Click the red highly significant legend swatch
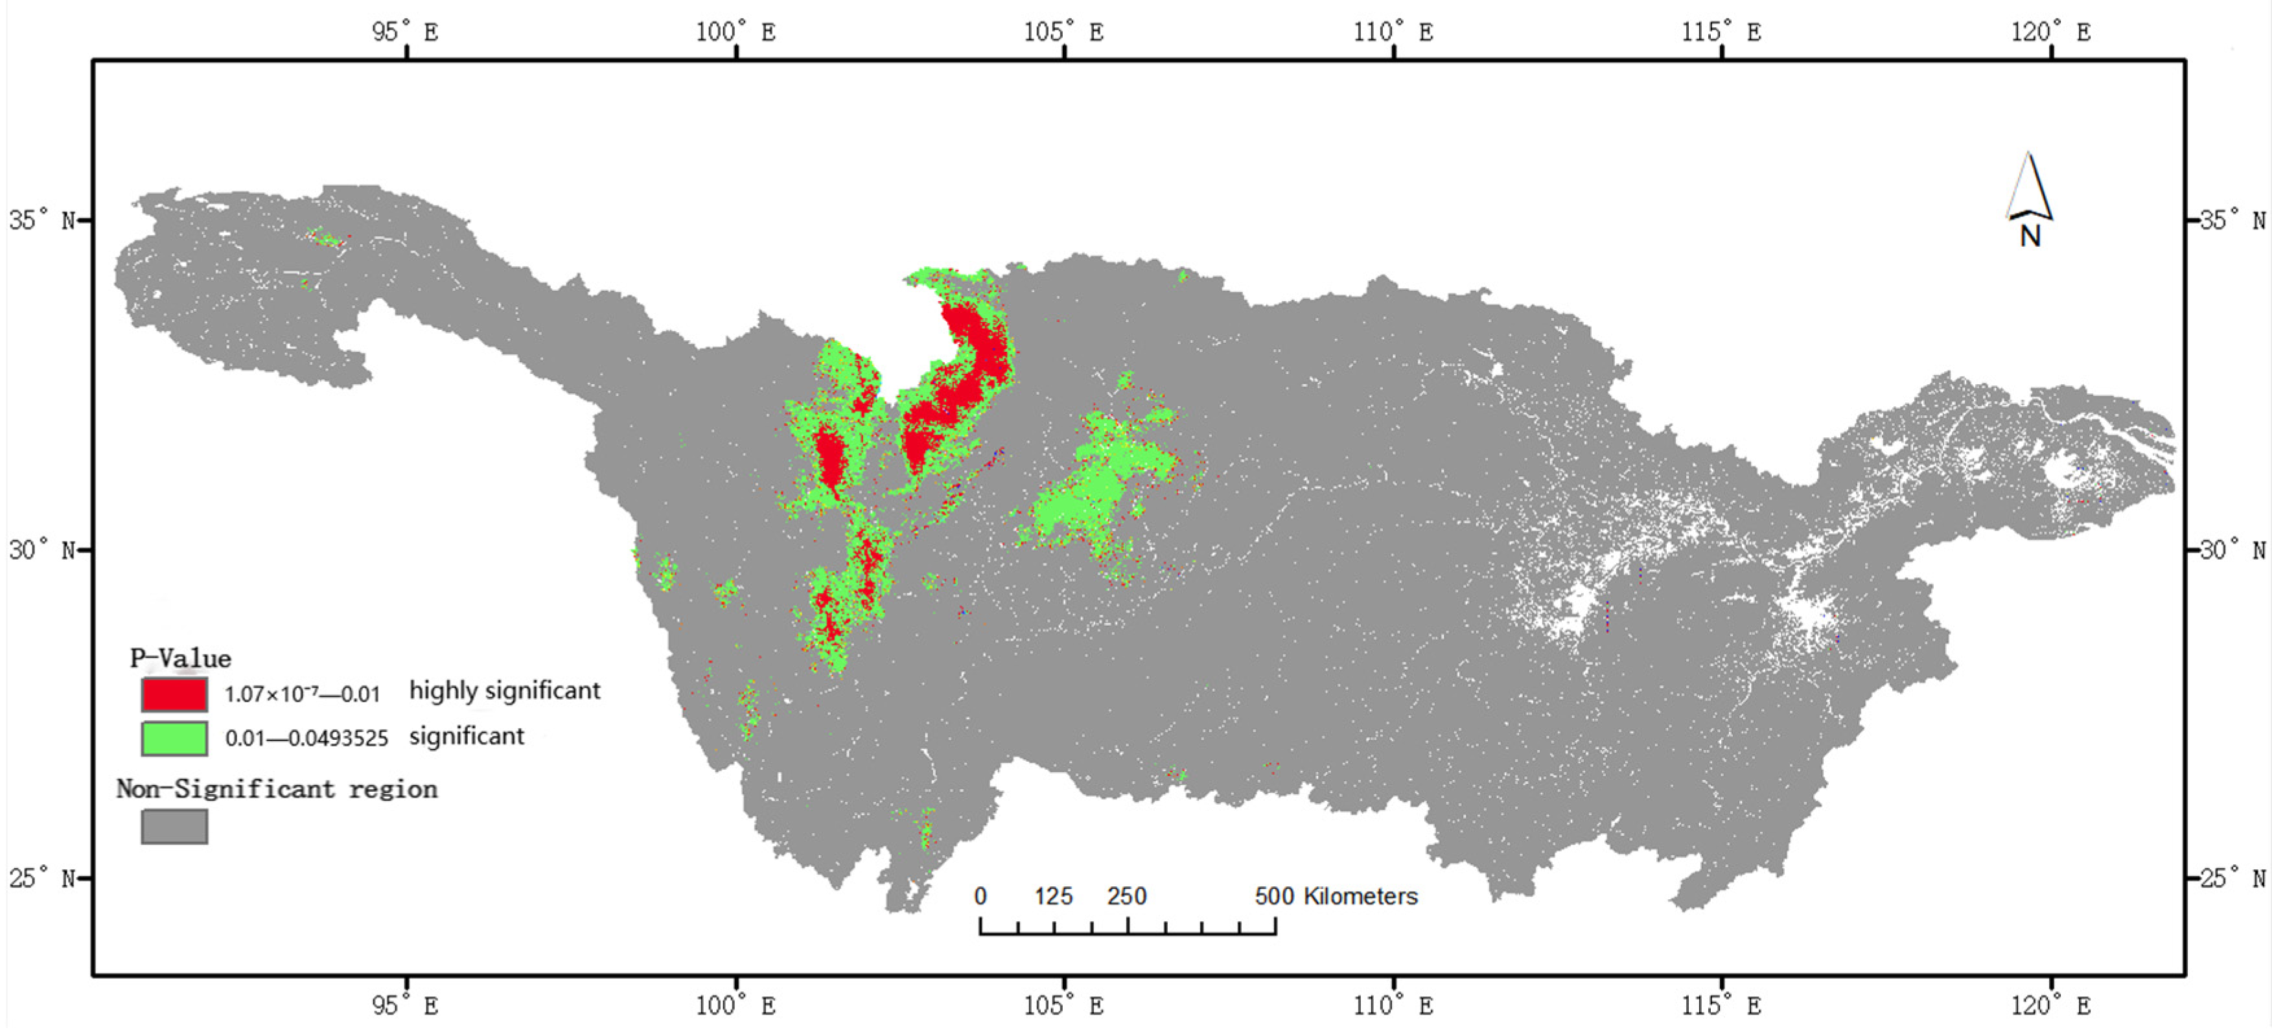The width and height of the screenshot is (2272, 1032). (174, 694)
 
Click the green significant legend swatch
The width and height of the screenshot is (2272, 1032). (174, 739)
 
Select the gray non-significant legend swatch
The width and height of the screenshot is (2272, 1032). (174, 827)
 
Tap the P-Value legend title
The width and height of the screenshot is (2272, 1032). (181, 658)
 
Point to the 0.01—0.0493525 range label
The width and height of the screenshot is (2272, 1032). (306, 739)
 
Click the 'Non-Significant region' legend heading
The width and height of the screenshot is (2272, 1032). (277, 788)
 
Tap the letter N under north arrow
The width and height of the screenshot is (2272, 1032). (2030, 236)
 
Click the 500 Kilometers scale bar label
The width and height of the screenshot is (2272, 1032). (1336, 896)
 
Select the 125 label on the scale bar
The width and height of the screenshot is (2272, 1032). (1053, 896)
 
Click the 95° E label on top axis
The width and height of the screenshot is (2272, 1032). (405, 32)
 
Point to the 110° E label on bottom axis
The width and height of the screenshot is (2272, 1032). (1393, 1005)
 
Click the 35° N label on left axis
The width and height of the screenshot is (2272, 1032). (42, 220)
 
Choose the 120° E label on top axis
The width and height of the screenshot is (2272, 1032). (2050, 32)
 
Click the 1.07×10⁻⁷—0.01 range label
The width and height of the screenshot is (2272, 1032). (301, 694)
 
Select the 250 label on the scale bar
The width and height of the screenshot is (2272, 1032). (1127, 896)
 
